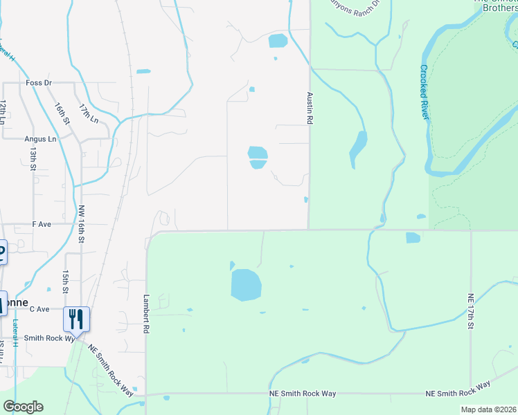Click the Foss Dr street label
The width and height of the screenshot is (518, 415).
click(x=39, y=83)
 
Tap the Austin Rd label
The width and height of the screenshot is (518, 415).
click(x=310, y=108)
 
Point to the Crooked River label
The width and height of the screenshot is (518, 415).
click(x=424, y=92)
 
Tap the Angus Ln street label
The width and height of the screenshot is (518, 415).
click(x=40, y=139)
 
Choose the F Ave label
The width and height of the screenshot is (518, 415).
click(x=42, y=225)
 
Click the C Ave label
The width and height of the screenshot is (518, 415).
click(x=39, y=309)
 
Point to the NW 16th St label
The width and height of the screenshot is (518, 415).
click(x=81, y=224)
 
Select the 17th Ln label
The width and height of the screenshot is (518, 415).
click(x=89, y=114)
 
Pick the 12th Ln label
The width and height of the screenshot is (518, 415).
click(x=3, y=111)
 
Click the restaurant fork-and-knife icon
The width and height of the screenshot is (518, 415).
click(x=76, y=320)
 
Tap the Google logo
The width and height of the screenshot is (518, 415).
click(x=23, y=407)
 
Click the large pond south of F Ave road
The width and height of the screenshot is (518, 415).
click(x=245, y=285)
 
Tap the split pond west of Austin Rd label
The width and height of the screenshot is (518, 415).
click(x=258, y=157)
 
